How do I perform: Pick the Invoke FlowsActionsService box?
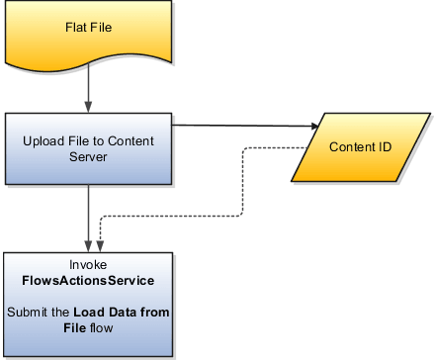[90, 301]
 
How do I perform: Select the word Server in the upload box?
[90, 156]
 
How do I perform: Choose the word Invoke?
[89, 265]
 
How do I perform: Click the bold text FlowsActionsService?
[90, 281]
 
